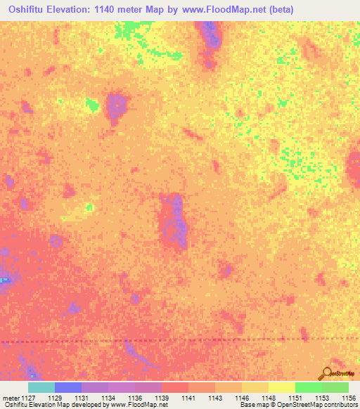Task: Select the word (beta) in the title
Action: coord(278,9)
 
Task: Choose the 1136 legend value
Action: coord(134,397)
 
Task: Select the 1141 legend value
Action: coord(188,397)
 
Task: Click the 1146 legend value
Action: coord(241,397)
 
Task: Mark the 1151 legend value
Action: coord(295,397)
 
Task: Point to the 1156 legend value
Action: coord(348,397)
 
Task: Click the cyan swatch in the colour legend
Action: coord(41,387)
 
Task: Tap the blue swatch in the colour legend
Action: coord(68,387)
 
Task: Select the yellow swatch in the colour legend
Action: coord(281,387)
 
